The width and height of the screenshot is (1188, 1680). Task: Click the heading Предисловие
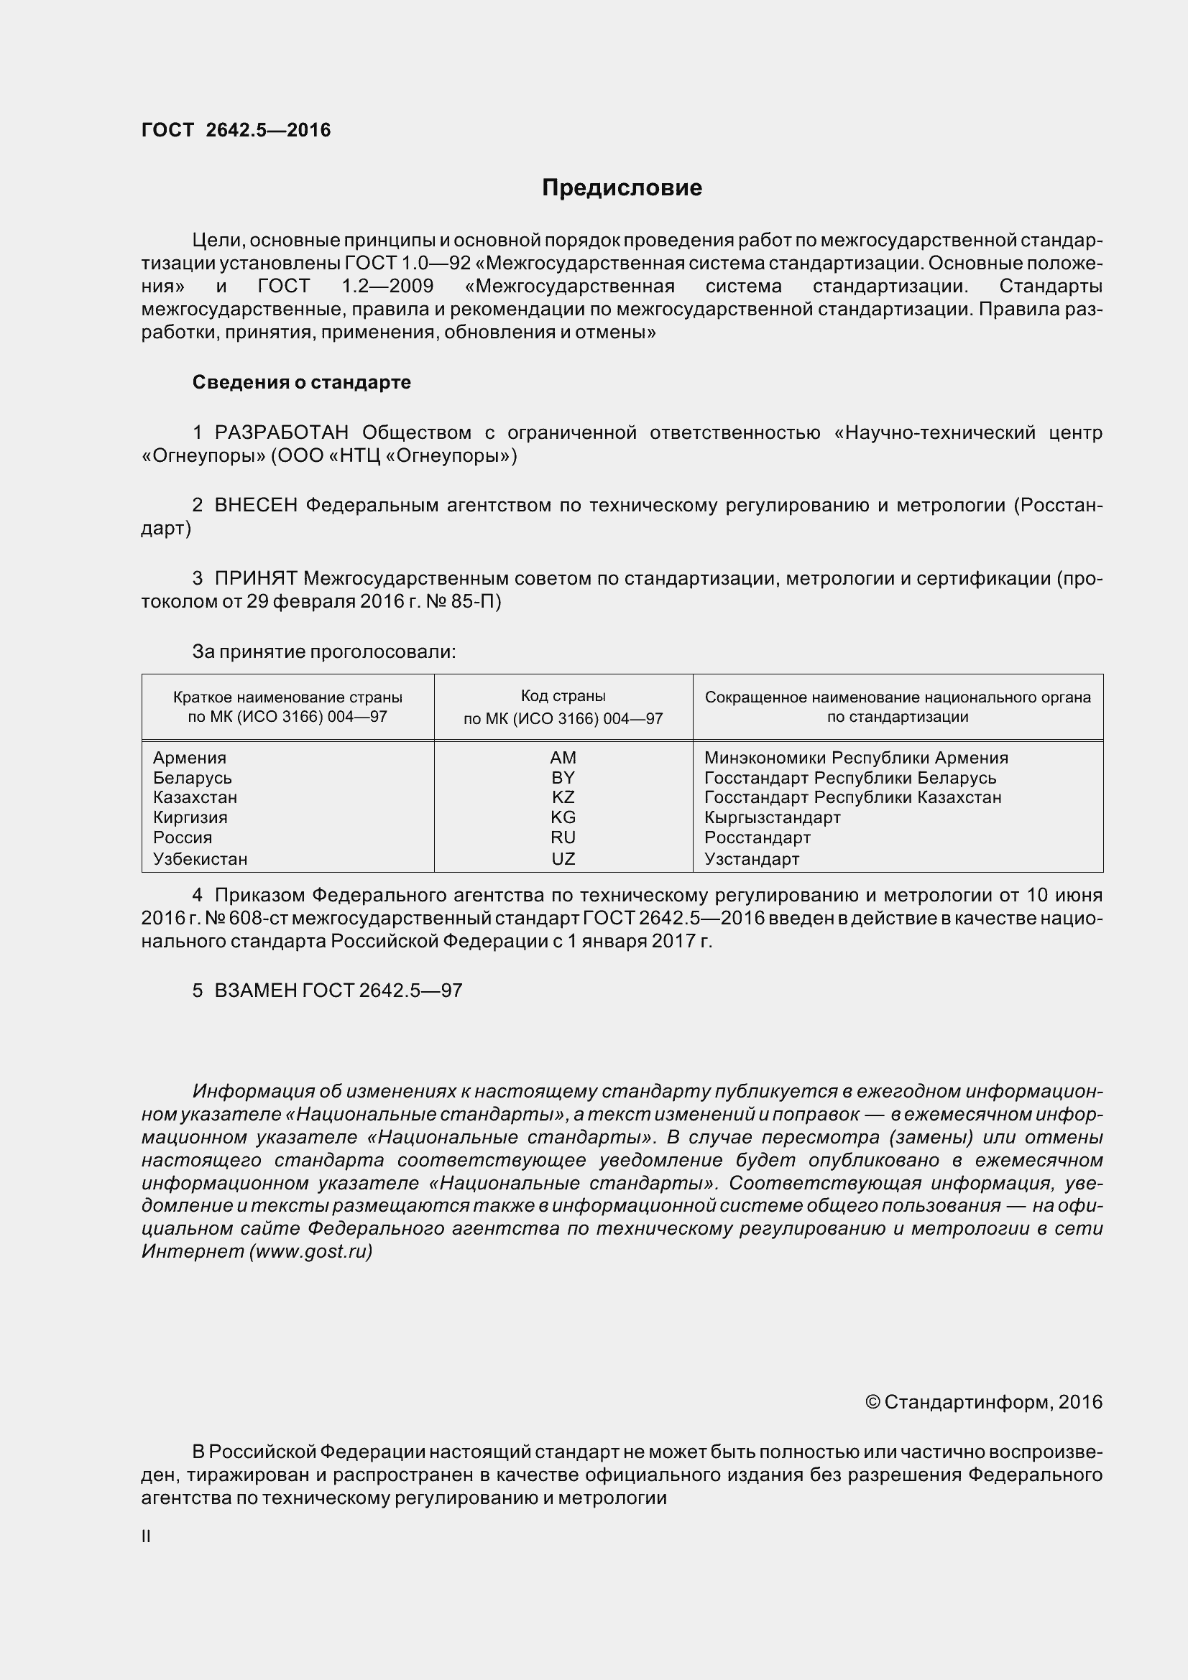tap(622, 188)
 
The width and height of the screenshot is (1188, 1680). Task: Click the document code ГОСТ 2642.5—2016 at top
tap(236, 130)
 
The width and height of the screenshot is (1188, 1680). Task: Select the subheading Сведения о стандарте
tap(301, 382)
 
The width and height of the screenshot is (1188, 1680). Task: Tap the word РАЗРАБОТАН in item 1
tap(281, 432)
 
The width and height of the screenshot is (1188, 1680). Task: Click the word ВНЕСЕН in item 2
tap(255, 505)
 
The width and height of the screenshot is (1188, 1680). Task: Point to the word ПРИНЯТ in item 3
tap(255, 578)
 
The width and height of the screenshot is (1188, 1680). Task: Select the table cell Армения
tap(190, 758)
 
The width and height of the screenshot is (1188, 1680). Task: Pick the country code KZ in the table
tap(563, 797)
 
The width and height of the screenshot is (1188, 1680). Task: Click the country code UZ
tap(563, 858)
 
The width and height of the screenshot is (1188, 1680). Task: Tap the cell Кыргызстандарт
tap(773, 817)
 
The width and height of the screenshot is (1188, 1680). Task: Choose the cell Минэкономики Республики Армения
tap(856, 758)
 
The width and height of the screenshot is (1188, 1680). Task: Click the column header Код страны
tap(563, 696)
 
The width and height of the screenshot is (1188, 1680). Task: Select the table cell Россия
tap(183, 837)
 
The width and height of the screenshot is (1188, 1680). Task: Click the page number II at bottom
tap(147, 1536)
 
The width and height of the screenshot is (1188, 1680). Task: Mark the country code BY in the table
tap(563, 777)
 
